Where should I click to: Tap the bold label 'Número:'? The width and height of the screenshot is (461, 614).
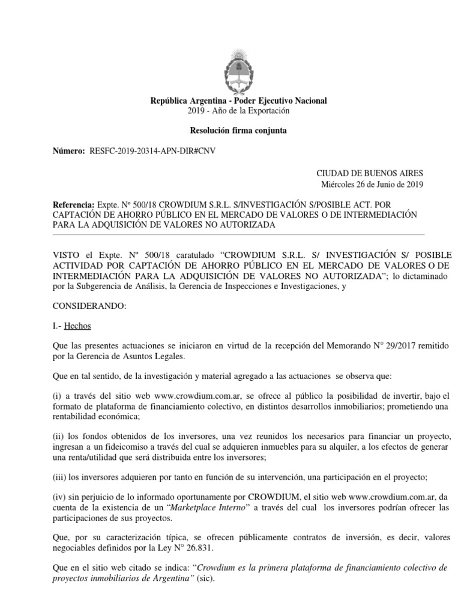point(69,152)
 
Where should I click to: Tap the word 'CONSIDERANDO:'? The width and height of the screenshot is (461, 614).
point(90,306)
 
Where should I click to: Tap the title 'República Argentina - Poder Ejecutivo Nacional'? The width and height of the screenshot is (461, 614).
point(238,101)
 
